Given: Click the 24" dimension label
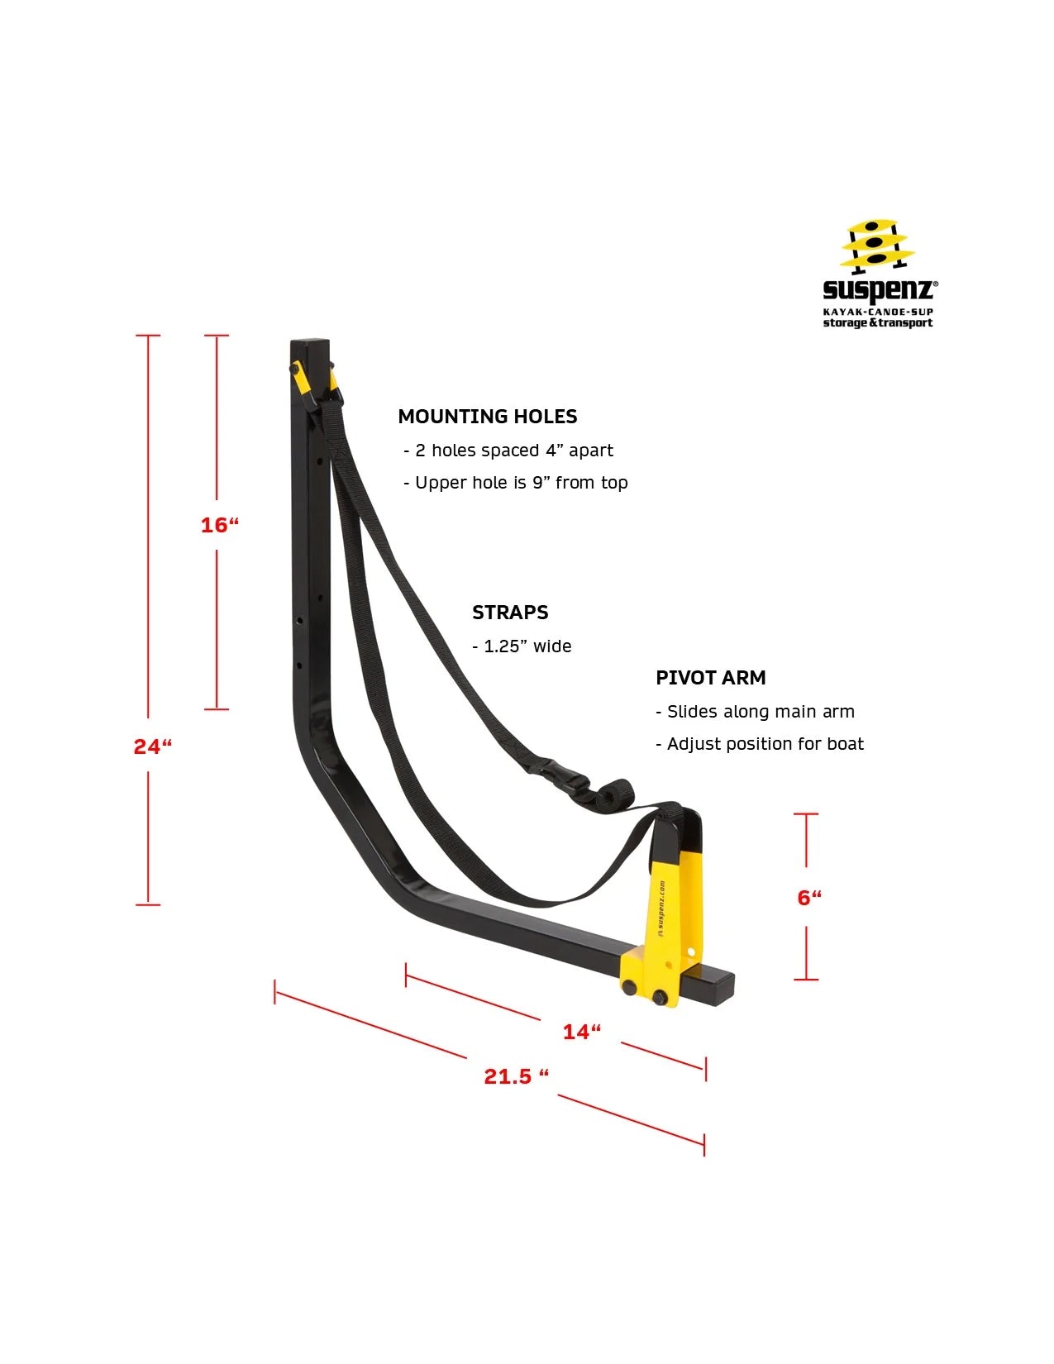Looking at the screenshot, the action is click(x=153, y=747).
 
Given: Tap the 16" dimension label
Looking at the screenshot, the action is click(x=220, y=525).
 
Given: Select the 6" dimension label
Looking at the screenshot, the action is click(x=809, y=898).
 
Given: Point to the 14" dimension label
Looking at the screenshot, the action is click(x=582, y=1032).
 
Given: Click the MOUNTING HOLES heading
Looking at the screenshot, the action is click(x=487, y=416).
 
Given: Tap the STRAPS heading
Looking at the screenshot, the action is click(x=510, y=612).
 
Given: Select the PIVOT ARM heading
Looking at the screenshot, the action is click(x=711, y=677).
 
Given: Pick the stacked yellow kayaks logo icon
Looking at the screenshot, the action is click(x=877, y=246).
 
